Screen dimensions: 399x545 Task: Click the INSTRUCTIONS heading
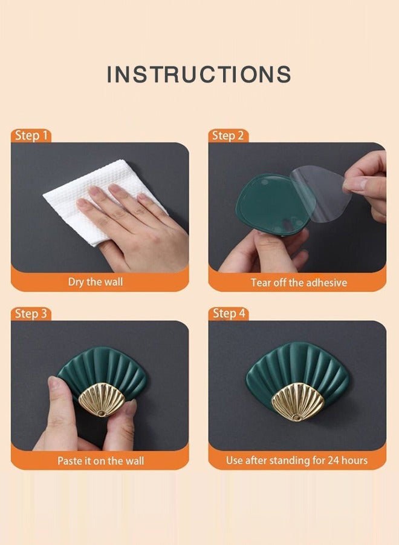[x=199, y=74]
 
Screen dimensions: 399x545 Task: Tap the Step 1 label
[x=31, y=135]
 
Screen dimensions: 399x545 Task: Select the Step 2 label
[x=228, y=135]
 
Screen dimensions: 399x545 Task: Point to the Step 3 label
[x=31, y=314]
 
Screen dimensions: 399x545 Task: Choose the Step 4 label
[x=229, y=313]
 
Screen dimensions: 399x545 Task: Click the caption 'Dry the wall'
[x=96, y=282]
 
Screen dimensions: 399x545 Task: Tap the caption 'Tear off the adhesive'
[x=299, y=282]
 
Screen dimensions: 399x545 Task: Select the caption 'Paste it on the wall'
[x=100, y=461]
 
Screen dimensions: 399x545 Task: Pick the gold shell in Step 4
[x=297, y=401]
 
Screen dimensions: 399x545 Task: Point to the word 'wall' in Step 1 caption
[x=113, y=281]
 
